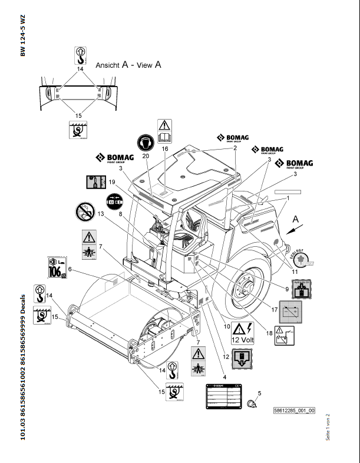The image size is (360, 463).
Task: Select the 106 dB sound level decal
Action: click(x=57, y=267)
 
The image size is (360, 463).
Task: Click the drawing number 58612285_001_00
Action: click(x=295, y=411)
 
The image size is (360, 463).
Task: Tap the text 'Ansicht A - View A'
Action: click(x=128, y=65)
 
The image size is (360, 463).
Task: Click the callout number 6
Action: click(x=70, y=269)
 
